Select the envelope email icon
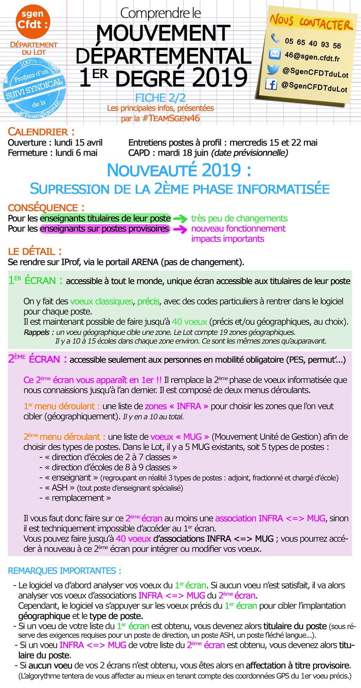click(275, 54)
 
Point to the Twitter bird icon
click(273, 69)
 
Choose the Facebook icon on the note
click(271, 84)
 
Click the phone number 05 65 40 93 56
click(313, 43)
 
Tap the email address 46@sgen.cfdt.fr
click(312, 56)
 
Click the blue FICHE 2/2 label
click(160, 98)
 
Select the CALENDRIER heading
click(41, 132)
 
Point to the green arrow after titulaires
click(180, 219)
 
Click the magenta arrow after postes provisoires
click(180, 229)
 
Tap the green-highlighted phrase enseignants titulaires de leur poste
click(105, 218)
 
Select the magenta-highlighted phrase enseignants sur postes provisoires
click(104, 229)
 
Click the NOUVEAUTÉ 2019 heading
click(179, 170)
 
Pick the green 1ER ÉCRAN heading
click(36, 281)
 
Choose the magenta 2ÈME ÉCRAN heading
click(37, 359)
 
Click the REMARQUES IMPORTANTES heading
click(65, 571)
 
